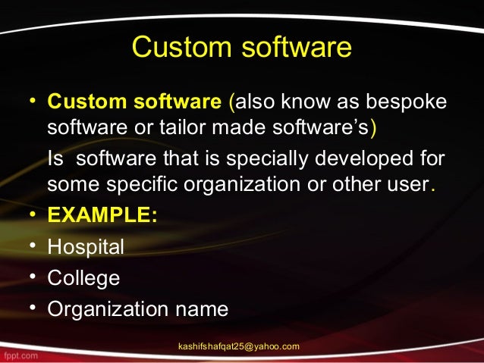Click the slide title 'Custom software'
242,47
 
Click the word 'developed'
360,161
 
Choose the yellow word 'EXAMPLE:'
102,214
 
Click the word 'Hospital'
86,247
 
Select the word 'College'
83,278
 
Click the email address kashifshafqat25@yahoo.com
238,346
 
